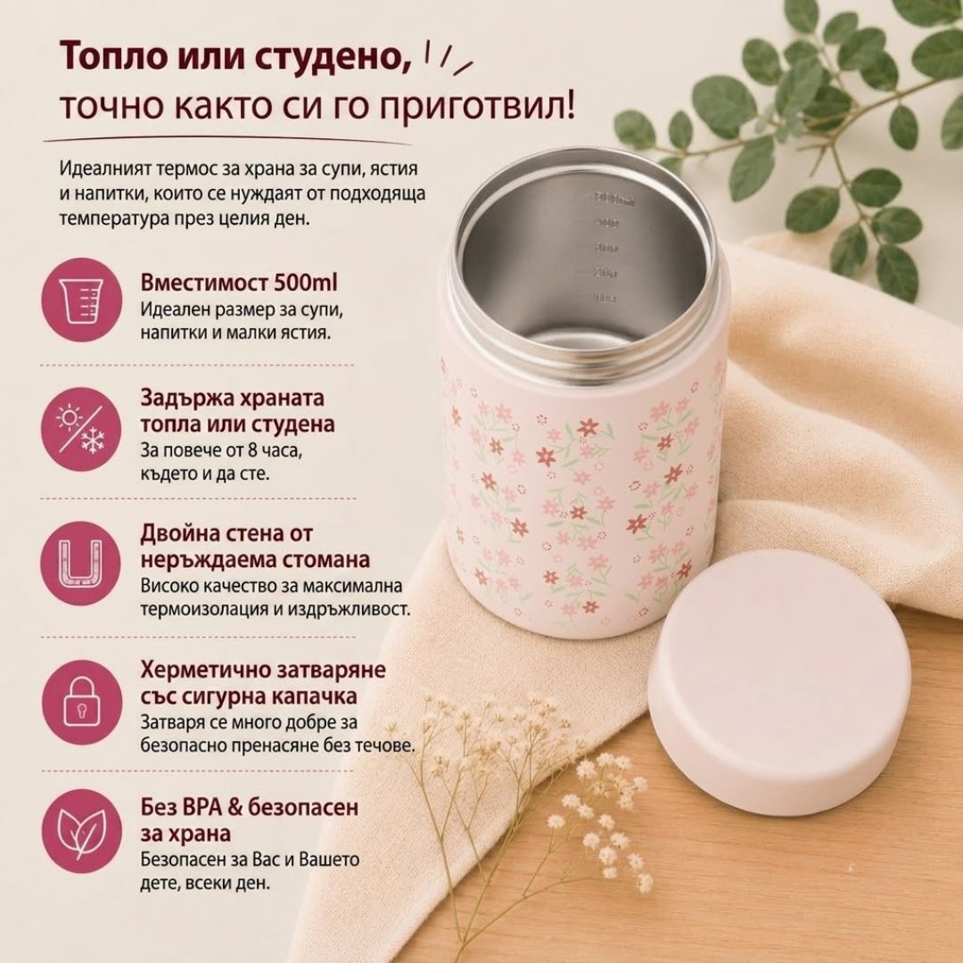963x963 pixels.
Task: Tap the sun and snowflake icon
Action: point(81,429)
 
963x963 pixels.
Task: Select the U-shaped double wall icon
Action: point(81,564)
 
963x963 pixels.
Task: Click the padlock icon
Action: point(81,701)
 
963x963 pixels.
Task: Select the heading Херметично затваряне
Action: point(263,670)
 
